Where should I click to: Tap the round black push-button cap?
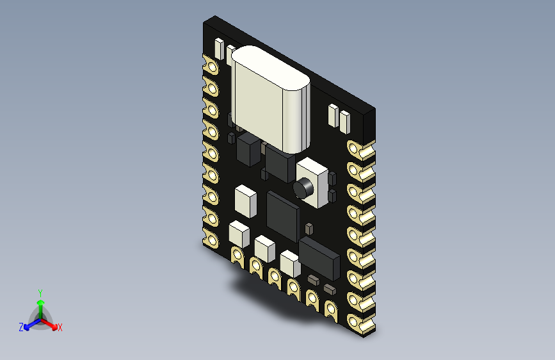click(302, 188)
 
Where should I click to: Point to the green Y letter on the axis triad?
click(40, 291)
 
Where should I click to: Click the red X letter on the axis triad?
click(60, 328)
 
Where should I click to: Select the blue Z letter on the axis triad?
click(21, 327)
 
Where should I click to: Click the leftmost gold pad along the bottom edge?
click(236, 257)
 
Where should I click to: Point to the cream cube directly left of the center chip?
click(245, 199)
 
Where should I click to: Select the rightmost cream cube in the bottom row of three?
click(289, 263)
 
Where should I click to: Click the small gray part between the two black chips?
click(309, 228)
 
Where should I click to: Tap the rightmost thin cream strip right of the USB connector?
click(345, 120)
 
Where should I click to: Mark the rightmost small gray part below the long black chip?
click(329, 290)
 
